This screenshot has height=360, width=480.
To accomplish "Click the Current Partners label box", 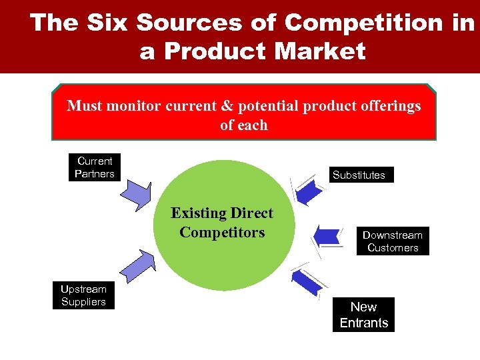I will point(95,167).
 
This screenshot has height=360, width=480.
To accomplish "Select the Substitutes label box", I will point(359,175).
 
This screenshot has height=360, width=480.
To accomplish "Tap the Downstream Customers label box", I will point(392,241).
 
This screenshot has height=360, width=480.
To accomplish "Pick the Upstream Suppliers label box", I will point(83,295).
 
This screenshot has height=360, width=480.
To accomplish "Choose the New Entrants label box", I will point(363,315).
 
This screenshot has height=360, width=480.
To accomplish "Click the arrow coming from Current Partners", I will point(137,193).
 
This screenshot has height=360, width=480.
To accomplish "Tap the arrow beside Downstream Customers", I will point(326,235).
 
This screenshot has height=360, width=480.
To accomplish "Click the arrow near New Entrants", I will point(309,281).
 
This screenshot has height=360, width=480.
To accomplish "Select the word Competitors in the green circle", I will point(222,233).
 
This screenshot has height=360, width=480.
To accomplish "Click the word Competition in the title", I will point(363,23).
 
